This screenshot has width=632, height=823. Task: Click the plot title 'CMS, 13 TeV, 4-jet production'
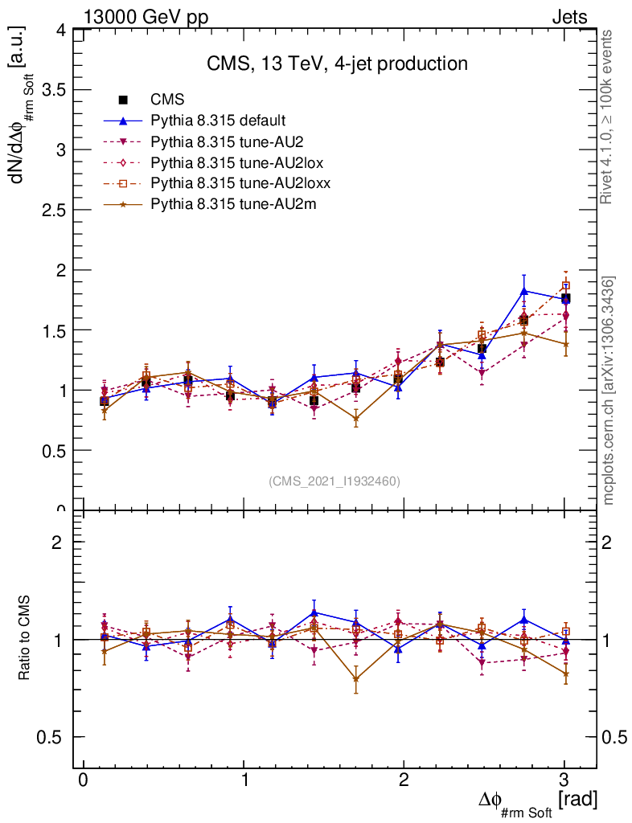[x=336, y=63]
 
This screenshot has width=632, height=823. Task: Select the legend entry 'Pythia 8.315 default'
[x=218, y=121]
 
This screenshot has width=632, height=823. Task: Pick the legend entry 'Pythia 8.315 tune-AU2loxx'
[x=240, y=183]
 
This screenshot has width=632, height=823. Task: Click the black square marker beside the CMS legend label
[x=123, y=100]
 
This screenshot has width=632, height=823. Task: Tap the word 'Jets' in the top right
[x=568, y=17]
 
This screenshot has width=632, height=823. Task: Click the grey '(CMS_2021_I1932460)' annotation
[x=334, y=481]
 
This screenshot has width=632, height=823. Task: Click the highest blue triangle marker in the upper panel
[x=524, y=291]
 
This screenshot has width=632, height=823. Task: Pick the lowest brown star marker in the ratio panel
[x=356, y=679]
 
